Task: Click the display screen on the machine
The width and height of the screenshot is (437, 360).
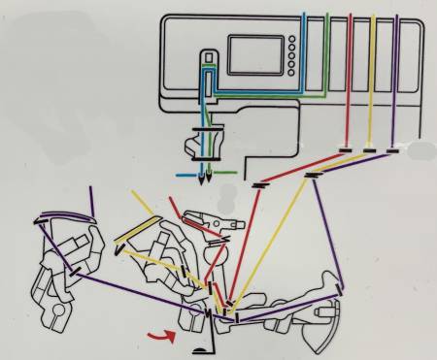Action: (254, 55)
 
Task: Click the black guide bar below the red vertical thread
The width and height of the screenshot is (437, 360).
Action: (345, 150)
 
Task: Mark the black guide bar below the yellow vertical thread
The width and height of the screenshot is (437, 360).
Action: (369, 150)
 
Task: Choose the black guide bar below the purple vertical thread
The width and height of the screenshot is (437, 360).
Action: (392, 150)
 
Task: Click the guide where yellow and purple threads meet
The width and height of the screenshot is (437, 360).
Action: (313, 176)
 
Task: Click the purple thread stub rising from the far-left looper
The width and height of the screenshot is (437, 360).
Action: (90, 203)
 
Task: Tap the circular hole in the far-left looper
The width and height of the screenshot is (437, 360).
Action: (57, 311)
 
